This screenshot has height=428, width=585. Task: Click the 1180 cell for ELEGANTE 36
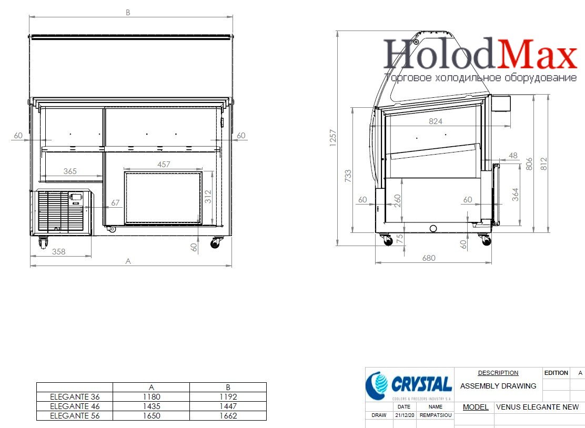(151, 396)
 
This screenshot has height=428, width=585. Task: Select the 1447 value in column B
(228, 406)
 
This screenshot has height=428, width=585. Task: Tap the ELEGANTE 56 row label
(75, 416)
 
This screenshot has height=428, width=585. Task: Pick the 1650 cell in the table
(151, 416)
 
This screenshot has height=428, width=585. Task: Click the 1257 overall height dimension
(333, 138)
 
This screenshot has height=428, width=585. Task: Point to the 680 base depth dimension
(429, 258)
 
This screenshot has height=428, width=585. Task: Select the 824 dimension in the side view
(436, 121)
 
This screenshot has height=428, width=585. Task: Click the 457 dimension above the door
(164, 164)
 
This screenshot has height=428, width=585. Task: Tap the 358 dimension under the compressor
(58, 252)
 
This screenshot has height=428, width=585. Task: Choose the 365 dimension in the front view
(70, 171)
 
